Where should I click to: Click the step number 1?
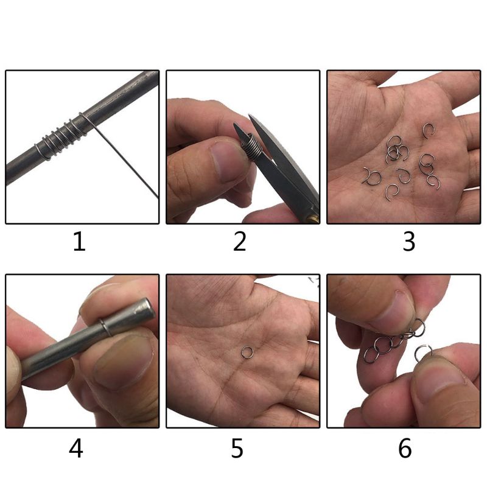[79, 242]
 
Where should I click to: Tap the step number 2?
[240, 242]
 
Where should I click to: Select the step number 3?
[408, 242]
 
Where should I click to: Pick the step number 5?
[237, 449]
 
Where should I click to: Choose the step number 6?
[405, 449]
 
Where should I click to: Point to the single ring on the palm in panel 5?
[247, 351]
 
